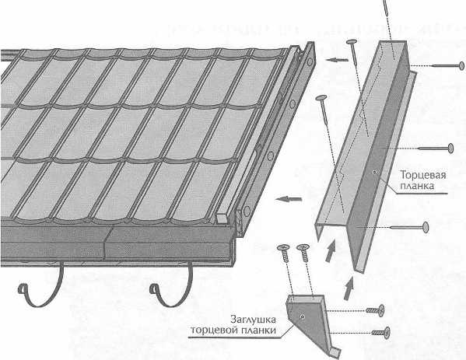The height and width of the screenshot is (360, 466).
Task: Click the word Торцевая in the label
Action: pyautogui.click(x=423, y=175)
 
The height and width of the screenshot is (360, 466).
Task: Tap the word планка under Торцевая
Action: pyautogui.click(x=417, y=187)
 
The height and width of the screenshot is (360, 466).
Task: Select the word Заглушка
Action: pyautogui.click(x=253, y=320)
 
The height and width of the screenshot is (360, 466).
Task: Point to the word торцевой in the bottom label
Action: pyautogui.click(x=214, y=330)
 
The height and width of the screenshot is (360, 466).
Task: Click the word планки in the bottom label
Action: pyautogui.click(x=258, y=330)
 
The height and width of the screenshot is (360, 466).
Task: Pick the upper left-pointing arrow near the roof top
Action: pyautogui.click(x=337, y=60)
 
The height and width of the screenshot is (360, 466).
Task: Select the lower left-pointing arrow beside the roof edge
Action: pyautogui.click(x=289, y=199)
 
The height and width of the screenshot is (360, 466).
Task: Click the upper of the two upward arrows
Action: pyautogui.click(x=331, y=251)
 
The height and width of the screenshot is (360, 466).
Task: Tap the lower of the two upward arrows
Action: pyautogui.click(x=349, y=288)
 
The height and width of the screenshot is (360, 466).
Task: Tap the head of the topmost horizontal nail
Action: pyautogui.click(x=461, y=65)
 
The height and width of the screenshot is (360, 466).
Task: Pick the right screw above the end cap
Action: pyautogui.click(x=303, y=253)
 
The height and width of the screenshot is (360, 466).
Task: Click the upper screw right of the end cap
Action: pyautogui.click(x=375, y=310)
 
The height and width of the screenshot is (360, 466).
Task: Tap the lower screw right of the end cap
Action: pyautogui.click(x=381, y=332)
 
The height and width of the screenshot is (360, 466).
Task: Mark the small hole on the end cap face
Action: pyautogui.click(x=303, y=317)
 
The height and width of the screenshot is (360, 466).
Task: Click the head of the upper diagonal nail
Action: pyautogui.click(x=352, y=41)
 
